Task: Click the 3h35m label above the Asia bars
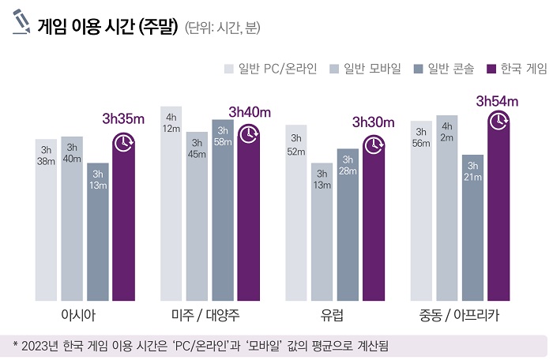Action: tap(124, 119)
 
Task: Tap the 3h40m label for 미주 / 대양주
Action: tap(250, 111)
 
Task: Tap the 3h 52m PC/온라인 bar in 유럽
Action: tap(296, 212)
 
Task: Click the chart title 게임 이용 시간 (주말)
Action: tap(107, 27)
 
